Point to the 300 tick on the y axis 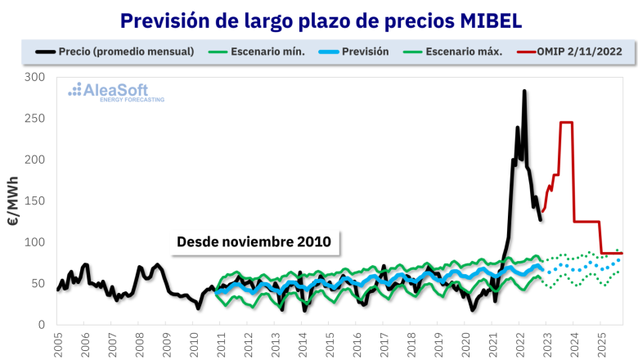(35, 77)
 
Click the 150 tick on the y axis (35, 200)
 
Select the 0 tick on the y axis (42, 325)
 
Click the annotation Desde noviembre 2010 (254, 242)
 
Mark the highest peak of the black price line (524, 91)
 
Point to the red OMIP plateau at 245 (566, 123)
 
